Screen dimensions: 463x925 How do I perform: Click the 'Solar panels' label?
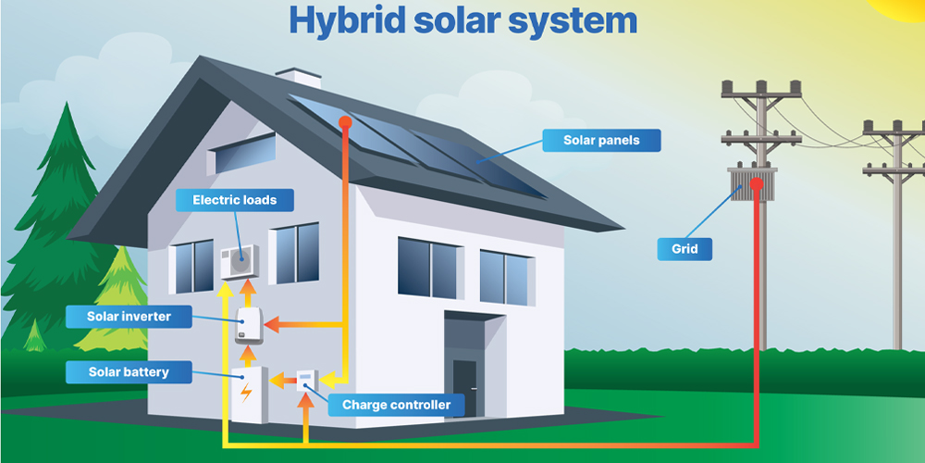pyautogui.click(x=600, y=141)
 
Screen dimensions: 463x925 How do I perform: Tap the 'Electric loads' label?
pyautogui.click(x=234, y=200)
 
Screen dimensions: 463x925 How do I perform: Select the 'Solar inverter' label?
pyautogui.click(x=129, y=317)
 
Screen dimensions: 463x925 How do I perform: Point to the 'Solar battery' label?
pyautogui.click(x=129, y=372)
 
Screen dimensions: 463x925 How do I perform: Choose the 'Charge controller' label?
pyautogui.click(x=396, y=405)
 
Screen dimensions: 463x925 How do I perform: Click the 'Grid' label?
pyautogui.click(x=684, y=248)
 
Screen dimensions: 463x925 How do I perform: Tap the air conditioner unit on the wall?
pyautogui.click(x=239, y=260)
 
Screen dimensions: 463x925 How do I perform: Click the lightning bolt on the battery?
pyautogui.click(x=245, y=392)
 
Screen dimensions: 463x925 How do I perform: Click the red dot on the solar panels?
pyautogui.click(x=345, y=121)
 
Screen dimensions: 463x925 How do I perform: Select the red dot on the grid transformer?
pyautogui.click(x=757, y=183)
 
